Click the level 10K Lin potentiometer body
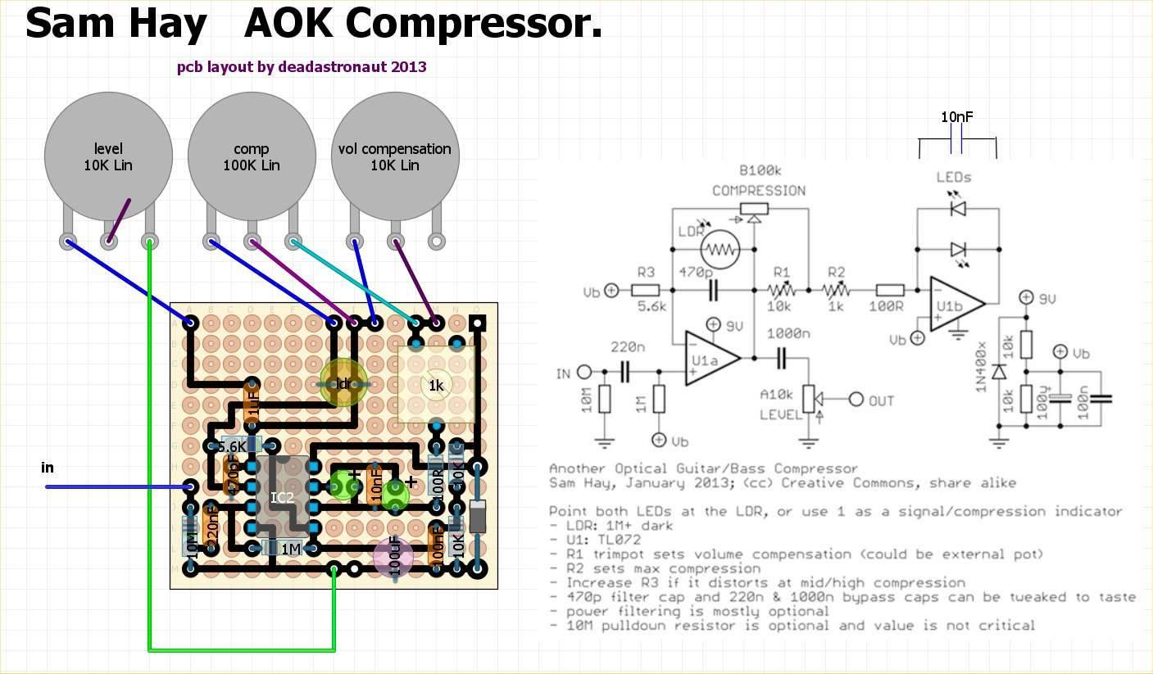(x=108, y=156)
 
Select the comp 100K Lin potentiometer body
(x=252, y=156)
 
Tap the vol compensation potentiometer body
(x=395, y=156)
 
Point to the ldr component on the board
(x=343, y=382)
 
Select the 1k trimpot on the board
(x=436, y=385)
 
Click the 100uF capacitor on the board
(x=394, y=557)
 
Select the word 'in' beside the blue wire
(x=48, y=467)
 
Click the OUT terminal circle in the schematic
(x=856, y=400)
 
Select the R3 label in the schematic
(x=646, y=272)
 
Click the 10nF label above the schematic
(x=956, y=117)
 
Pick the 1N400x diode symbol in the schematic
(x=998, y=372)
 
